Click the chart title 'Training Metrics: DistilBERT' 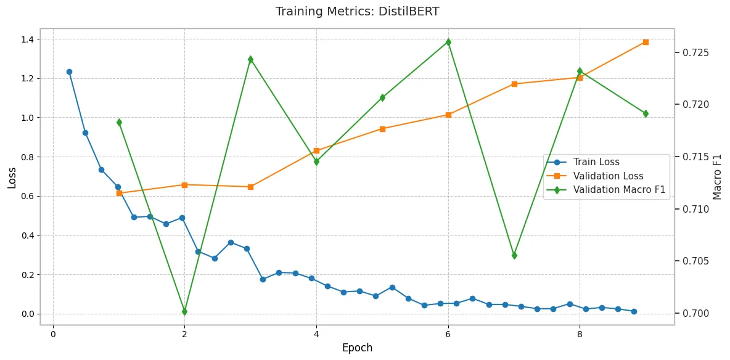point(357,11)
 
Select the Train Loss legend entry point(596,162)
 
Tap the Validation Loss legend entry point(608,176)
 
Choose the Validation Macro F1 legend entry point(619,190)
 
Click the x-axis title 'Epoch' point(357,348)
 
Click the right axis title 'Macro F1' point(717,177)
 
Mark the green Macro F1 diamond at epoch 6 point(448,42)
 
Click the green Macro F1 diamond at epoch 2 point(184,311)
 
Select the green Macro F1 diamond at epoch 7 point(514,255)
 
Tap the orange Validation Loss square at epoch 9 point(646,42)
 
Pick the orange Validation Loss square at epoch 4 point(316,150)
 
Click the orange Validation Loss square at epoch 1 point(119,193)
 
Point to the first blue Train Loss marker point(69,72)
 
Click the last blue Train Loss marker point(634,311)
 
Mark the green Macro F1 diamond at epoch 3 point(250,59)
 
